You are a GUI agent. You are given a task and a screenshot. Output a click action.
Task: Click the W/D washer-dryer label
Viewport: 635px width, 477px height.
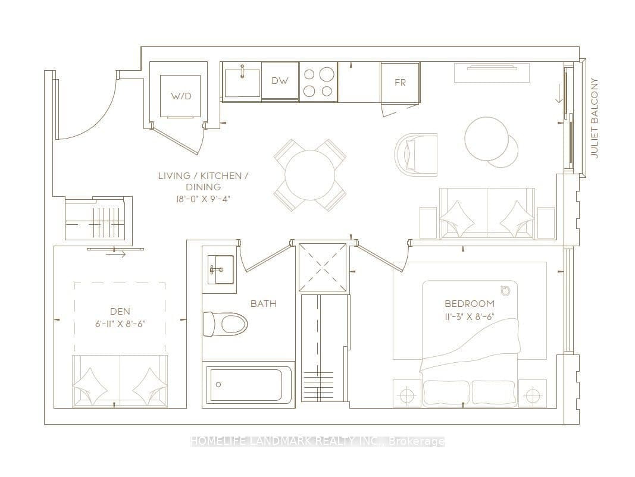click(x=181, y=96)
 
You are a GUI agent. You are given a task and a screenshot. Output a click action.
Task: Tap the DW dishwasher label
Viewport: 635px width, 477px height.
click(x=280, y=80)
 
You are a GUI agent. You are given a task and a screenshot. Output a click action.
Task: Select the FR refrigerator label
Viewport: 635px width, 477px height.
click(x=400, y=83)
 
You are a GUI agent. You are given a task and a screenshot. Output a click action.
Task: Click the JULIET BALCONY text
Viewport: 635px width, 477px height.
click(x=595, y=118)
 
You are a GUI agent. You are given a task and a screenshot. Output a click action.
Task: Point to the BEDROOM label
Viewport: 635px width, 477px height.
click(x=470, y=303)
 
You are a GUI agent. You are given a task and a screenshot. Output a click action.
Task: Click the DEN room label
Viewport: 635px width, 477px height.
click(x=120, y=311)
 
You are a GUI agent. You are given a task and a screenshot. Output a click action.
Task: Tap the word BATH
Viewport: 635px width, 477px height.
click(x=263, y=303)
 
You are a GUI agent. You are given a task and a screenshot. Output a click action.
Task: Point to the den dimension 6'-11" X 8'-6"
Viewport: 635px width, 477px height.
click(x=120, y=324)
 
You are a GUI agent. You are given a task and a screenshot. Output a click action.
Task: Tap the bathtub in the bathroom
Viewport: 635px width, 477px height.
click(x=249, y=384)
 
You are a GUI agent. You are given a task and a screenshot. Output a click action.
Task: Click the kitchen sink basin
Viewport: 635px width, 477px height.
click(x=242, y=83)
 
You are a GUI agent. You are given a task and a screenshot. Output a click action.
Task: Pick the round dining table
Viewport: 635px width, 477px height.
click(x=310, y=175)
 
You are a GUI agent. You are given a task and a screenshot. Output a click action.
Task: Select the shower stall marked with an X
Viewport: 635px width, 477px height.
click(x=323, y=267)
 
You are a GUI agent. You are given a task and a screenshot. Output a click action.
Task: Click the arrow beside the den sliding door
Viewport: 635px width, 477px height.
click(x=115, y=255)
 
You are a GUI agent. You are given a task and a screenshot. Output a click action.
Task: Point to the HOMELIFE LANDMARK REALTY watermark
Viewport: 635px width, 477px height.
click(x=318, y=441)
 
